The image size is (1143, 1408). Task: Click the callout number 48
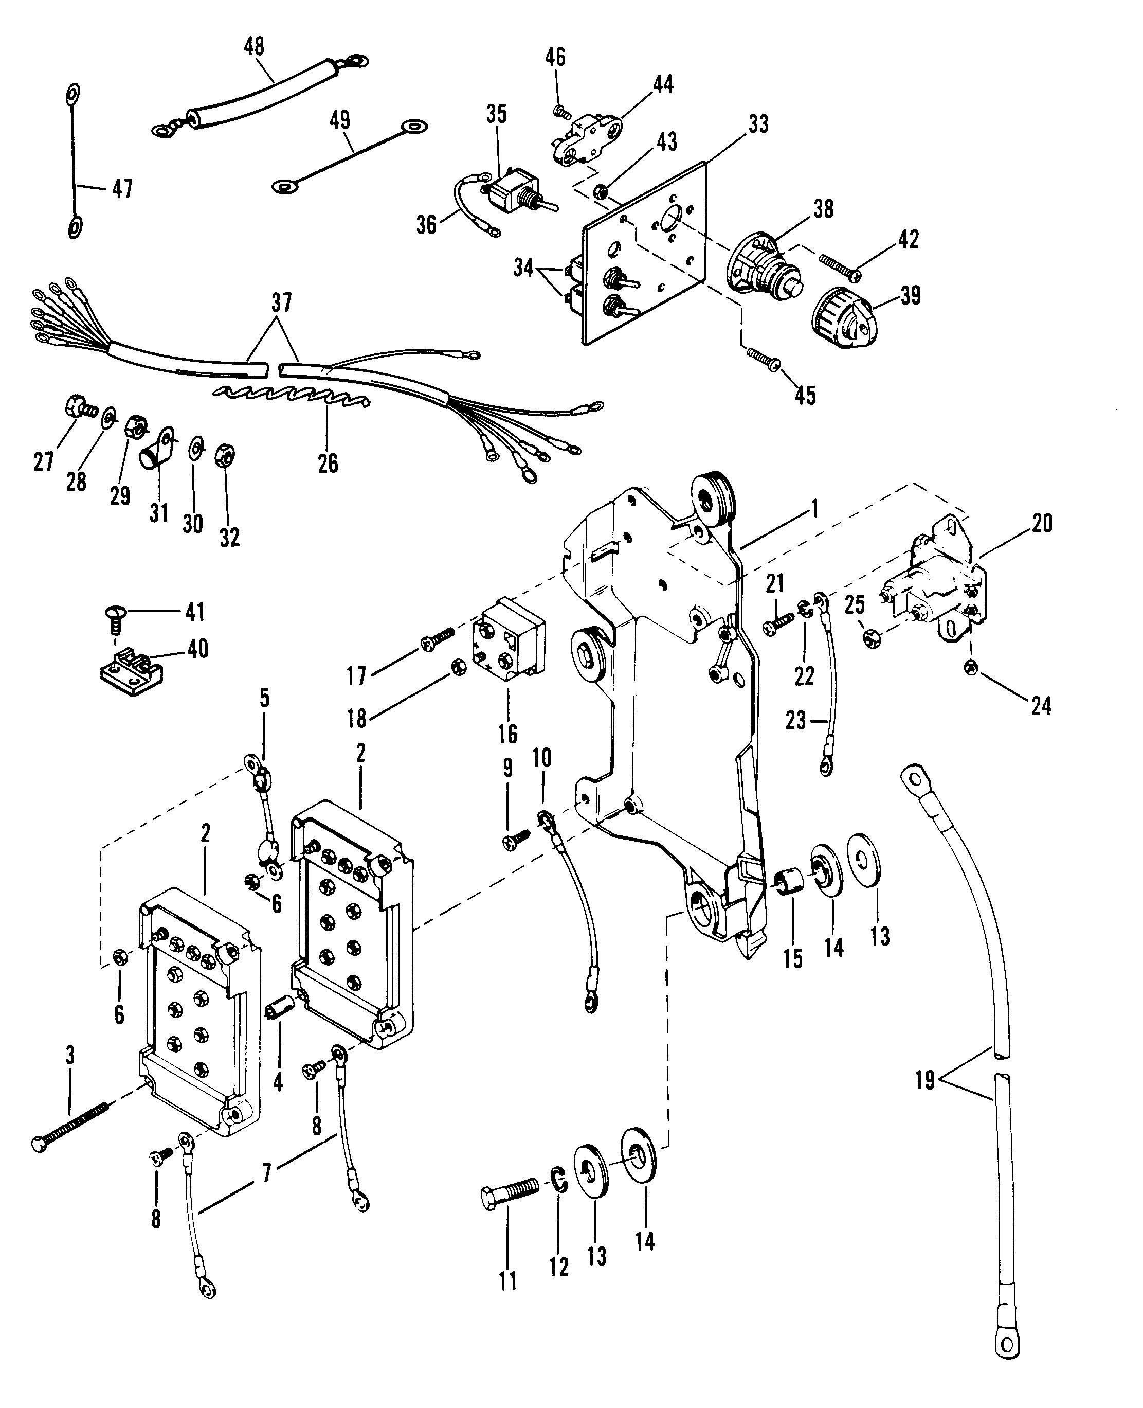(x=254, y=46)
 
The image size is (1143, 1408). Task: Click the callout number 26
(x=328, y=463)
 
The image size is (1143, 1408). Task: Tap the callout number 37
(x=281, y=304)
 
